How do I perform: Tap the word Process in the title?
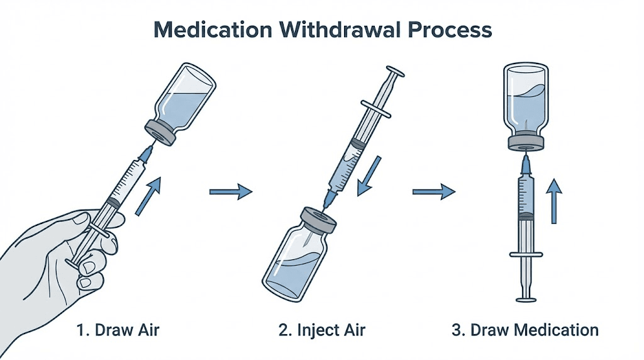point(452,29)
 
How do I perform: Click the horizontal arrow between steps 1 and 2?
point(230,192)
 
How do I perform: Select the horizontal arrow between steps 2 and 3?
point(433,191)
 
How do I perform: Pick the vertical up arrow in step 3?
point(553,200)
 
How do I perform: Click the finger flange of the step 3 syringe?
point(526,254)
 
